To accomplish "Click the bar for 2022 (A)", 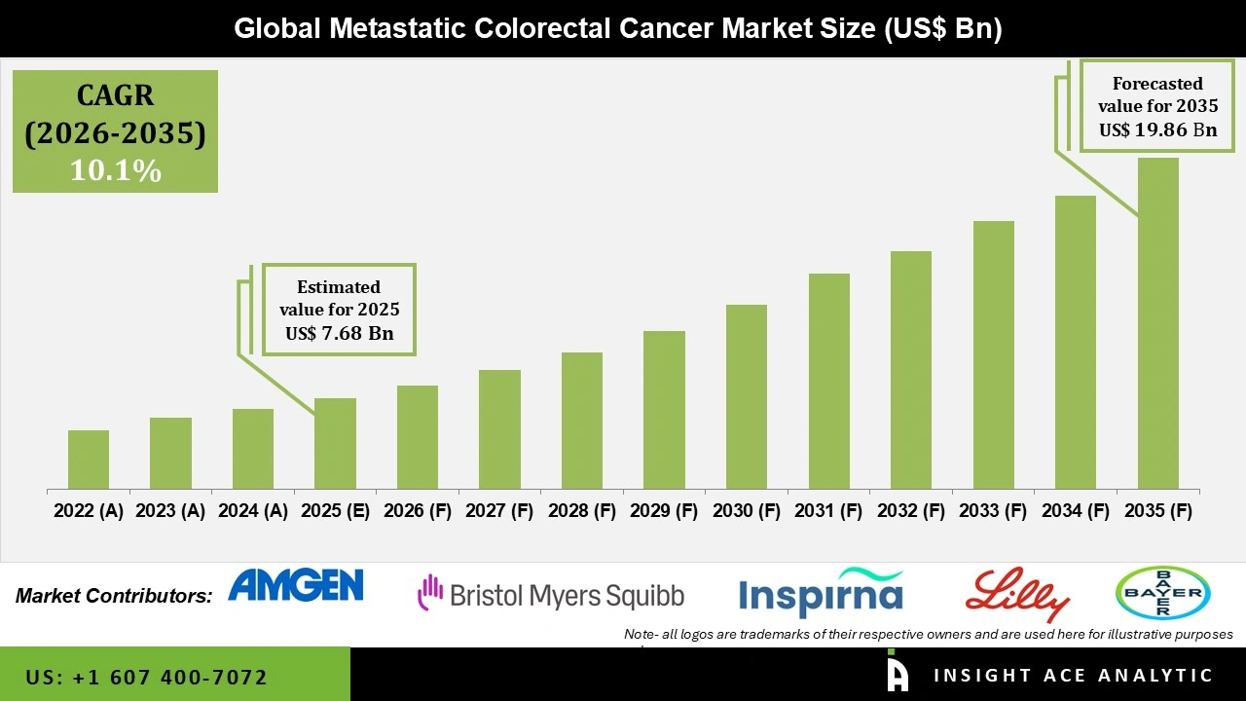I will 89,460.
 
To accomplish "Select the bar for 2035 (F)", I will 1157,323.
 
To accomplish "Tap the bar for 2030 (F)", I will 746,396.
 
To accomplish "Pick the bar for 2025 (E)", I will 335,443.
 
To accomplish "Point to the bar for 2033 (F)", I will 993,354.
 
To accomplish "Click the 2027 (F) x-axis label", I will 499,511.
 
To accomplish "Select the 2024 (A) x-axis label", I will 252,511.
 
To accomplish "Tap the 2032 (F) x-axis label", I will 911,511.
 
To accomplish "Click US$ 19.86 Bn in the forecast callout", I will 1157,129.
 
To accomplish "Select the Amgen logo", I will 295,585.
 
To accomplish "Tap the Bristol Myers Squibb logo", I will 551,594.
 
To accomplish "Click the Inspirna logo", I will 821,594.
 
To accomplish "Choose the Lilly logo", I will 1017,593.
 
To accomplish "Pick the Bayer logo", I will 1162,592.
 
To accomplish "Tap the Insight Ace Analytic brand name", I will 1073,676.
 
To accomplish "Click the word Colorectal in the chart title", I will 531,29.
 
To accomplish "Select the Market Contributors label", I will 114,595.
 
